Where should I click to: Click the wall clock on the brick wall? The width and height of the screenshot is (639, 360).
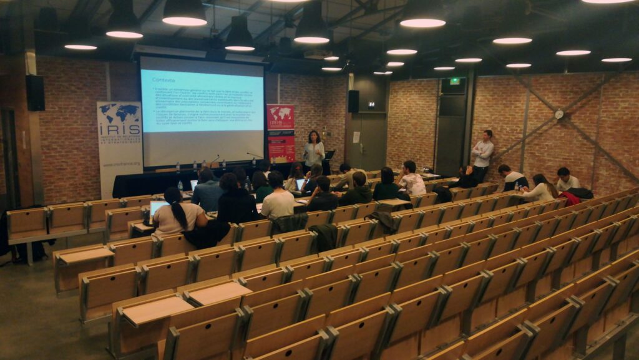click(559, 114)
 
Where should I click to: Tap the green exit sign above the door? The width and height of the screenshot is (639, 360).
click(455, 81)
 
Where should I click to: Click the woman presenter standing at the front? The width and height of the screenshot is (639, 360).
click(313, 150)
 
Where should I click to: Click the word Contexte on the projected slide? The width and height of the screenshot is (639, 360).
click(163, 80)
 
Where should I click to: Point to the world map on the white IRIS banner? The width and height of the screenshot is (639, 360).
click(119, 114)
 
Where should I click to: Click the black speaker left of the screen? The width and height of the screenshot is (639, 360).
click(35, 93)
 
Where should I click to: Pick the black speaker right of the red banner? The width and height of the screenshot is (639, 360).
click(353, 101)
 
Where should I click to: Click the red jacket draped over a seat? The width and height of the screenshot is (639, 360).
click(570, 198)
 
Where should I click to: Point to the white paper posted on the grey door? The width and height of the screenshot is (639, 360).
click(356, 137)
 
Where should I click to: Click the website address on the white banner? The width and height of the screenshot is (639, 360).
click(119, 165)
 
